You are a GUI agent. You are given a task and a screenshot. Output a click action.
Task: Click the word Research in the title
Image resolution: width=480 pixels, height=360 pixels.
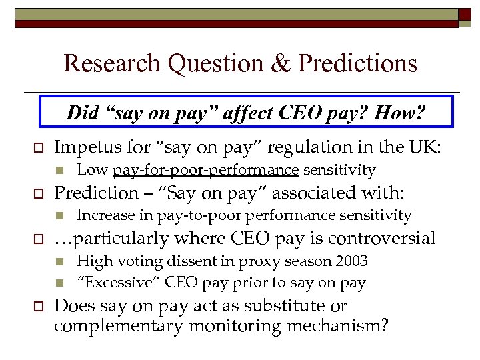coord(112,63)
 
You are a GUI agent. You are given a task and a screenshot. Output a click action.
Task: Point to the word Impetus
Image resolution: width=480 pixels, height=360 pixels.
coord(85,147)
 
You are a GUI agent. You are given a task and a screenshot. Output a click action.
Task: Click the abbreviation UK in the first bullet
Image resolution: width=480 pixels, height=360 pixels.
coord(427,147)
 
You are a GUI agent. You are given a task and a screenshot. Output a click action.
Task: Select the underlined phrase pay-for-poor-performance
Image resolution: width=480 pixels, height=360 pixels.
coord(205,170)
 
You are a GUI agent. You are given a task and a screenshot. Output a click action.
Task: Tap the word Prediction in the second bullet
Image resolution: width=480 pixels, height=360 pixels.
coord(95,193)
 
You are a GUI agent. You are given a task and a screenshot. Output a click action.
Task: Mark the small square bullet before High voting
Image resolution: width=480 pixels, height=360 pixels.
coord(59,261)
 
